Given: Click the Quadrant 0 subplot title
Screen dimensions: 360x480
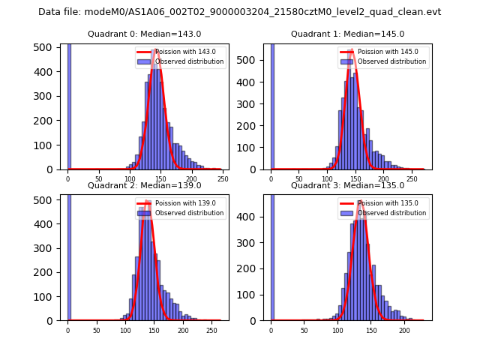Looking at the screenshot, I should tap(144, 34).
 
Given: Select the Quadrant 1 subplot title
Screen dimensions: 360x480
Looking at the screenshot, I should tap(347, 34).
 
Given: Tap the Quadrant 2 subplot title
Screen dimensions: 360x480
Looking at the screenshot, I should tap(144, 185).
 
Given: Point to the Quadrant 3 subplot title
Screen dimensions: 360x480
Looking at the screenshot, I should tap(347, 185).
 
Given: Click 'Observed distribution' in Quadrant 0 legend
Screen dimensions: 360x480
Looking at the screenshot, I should tap(189, 61).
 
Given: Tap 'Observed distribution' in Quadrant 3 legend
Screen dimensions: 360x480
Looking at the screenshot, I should tap(391, 213).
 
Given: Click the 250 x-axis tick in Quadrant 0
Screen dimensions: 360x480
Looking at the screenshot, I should tap(223, 179).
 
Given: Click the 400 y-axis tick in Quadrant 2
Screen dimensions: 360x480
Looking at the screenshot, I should tap(46, 223).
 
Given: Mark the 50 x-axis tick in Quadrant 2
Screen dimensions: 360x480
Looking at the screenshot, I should tap(97, 330).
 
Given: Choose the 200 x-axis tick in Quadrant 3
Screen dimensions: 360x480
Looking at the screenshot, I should tap(404, 330).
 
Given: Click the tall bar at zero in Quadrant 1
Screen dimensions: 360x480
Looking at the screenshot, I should tap(271, 105).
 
